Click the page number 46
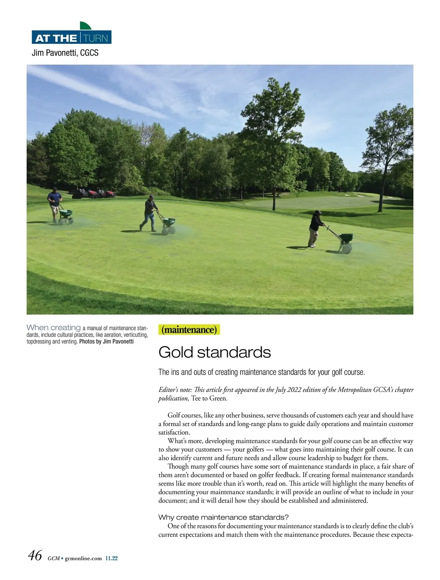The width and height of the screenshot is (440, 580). coord(35,555)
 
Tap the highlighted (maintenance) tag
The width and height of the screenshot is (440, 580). coord(189,330)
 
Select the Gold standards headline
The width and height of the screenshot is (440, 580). coord(214,352)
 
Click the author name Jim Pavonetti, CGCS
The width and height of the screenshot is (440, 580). coord(65,53)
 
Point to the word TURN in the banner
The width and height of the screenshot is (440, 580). coord(96,38)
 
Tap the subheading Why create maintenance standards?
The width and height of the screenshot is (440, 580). coord(223,517)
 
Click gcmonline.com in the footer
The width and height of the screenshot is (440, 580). coord(83,558)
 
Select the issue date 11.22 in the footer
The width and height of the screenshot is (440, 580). coord(111,558)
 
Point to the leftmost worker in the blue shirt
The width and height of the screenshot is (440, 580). coord(55,204)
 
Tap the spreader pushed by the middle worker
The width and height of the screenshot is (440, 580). coord(169,224)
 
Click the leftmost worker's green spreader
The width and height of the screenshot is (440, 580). coord(66,215)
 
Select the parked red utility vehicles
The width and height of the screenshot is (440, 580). coord(94,193)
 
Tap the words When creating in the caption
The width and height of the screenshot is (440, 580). coord(54,327)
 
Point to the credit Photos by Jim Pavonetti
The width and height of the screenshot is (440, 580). coord(106,342)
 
